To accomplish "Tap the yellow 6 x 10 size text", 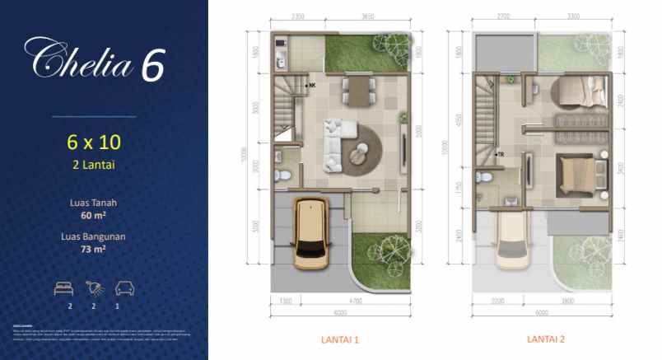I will coord(94,141).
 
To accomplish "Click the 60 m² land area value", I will coord(93,214).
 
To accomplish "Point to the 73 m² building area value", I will coord(93,247).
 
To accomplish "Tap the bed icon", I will coord(63,289).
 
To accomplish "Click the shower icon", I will coord(95,289).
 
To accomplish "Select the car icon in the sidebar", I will coord(124,289).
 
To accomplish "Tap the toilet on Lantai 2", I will coord(487,177).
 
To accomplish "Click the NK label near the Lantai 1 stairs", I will coord(314,85).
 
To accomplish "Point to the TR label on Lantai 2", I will coord(501,154).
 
